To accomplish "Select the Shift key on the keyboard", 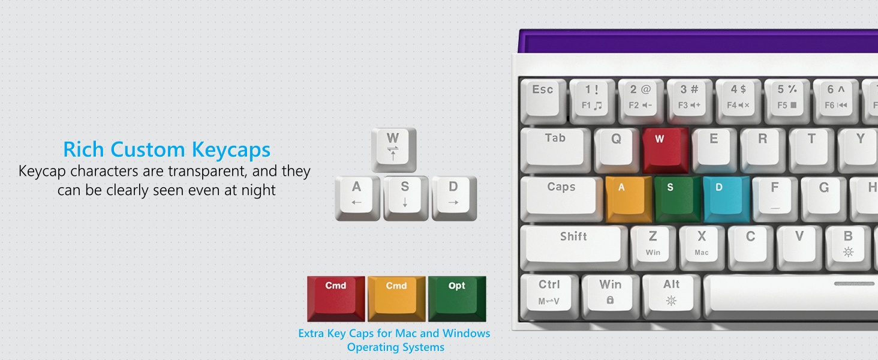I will pyautogui.click(x=572, y=243).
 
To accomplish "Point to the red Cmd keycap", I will pyautogui.click(x=336, y=296).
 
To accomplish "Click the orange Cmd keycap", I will pyautogui.click(x=396, y=296).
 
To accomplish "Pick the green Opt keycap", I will pyautogui.click(x=457, y=296).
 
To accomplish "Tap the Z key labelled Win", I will pyautogui.click(x=653, y=243).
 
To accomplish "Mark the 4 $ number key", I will pyautogui.click(x=738, y=96).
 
